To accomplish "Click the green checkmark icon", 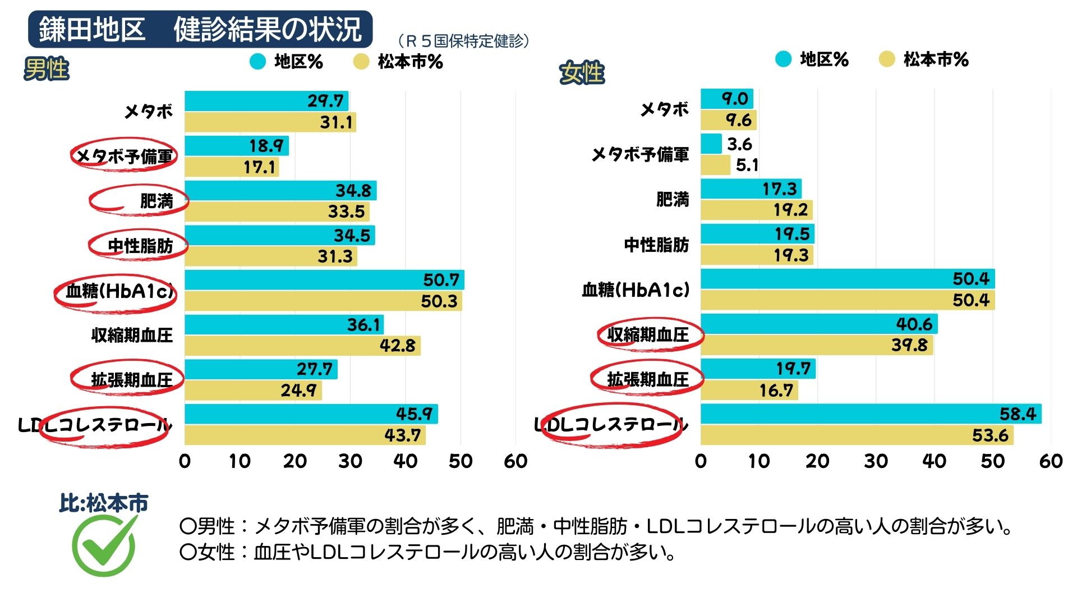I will tap(104, 545).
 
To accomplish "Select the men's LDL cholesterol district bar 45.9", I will tap(311, 414).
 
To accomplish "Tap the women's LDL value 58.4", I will tap(1017, 414).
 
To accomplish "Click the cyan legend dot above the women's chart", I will tap(783, 59).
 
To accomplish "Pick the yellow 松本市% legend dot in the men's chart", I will tap(362, 62).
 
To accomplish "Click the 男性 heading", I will tap(47, 70).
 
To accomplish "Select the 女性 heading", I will tap(582, 73).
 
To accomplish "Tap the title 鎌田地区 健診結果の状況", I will tap(200, 29).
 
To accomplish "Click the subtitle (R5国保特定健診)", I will tap(463, 41).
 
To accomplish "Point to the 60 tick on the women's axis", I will tap(1051, 461).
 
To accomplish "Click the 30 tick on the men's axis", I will tap(350, 461).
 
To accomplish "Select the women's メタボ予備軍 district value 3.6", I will tap(739, 144).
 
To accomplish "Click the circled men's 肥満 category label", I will tap(156, 201).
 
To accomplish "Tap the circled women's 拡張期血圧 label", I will tap(647, 380).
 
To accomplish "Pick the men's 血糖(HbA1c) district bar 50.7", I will tap(324, 279).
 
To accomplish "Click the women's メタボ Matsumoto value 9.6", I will tap(738, 120).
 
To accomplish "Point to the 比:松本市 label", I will tap(104, 503).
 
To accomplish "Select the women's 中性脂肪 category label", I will tap(656, 245).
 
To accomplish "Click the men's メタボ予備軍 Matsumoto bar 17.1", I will tap(231, 167).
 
